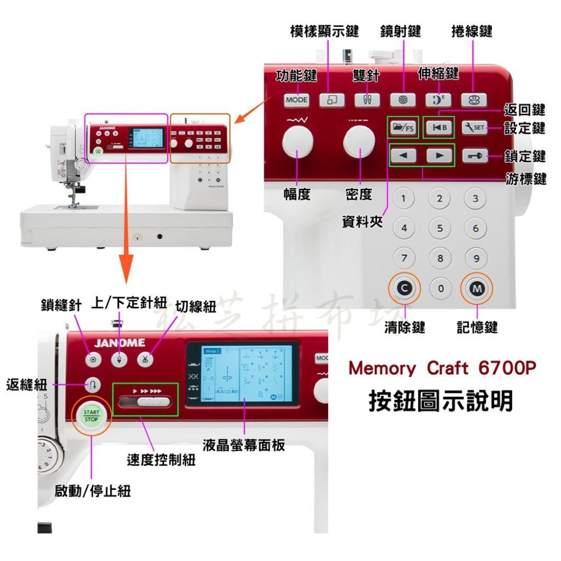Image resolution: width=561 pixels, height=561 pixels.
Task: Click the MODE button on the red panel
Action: tap(297, 100)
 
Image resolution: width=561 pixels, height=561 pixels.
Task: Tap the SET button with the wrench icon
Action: tap(474, 127)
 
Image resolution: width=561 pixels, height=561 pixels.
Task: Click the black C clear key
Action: tap(403, 288)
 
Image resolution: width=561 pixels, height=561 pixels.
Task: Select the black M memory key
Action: tap(476, 288)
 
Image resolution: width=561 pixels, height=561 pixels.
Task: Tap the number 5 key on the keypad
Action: tap(440, 228)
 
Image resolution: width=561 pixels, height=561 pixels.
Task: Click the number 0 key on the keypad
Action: tap(440, 288)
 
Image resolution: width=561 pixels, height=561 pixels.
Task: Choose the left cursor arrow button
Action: tap(404, 155)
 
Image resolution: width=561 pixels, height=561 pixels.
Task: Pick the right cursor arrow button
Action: tap(439, 155)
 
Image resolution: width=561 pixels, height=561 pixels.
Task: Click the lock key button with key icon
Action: tap(474, 155)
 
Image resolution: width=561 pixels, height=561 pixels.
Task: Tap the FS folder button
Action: tap(403, 127)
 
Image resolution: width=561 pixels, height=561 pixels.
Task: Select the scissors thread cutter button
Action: tap(145, 360)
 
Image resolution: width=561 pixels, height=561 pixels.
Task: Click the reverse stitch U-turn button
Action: tap(93, 385)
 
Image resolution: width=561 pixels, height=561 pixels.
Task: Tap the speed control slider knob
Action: tap(150, 401)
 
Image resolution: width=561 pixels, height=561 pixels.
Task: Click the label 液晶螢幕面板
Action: tap(244, 445)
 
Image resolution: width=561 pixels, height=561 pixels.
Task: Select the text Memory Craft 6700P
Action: tap(442, 369)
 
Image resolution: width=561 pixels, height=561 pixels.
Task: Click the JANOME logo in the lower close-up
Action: tap(119, 342)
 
